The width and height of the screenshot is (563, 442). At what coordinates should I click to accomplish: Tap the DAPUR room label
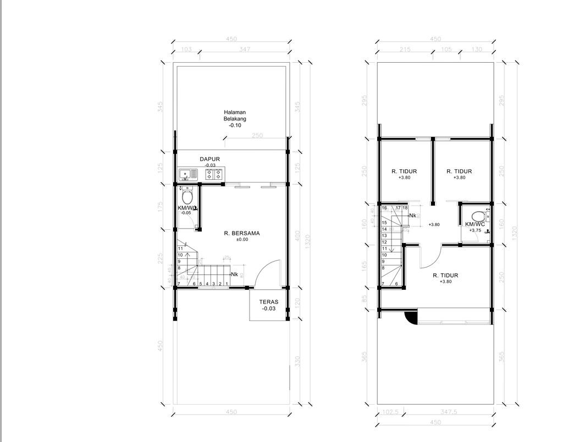pos(209,159)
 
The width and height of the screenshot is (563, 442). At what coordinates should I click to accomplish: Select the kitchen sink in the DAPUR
pos(188,175)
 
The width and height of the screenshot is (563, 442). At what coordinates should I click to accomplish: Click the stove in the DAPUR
pos(214,175)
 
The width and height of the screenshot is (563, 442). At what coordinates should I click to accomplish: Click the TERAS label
pos(269,302)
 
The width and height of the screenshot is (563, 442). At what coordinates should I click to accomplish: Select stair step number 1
pos(227,284)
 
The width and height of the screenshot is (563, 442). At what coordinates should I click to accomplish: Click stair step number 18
pos(405,208)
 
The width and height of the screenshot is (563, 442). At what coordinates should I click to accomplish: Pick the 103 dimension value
pos(186,49)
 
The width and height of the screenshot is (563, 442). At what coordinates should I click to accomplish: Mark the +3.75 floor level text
pos(474,231)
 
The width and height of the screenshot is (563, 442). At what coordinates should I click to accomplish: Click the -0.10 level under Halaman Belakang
pos(235,126)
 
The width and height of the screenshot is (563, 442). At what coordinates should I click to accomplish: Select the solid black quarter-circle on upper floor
pos(409,317)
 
